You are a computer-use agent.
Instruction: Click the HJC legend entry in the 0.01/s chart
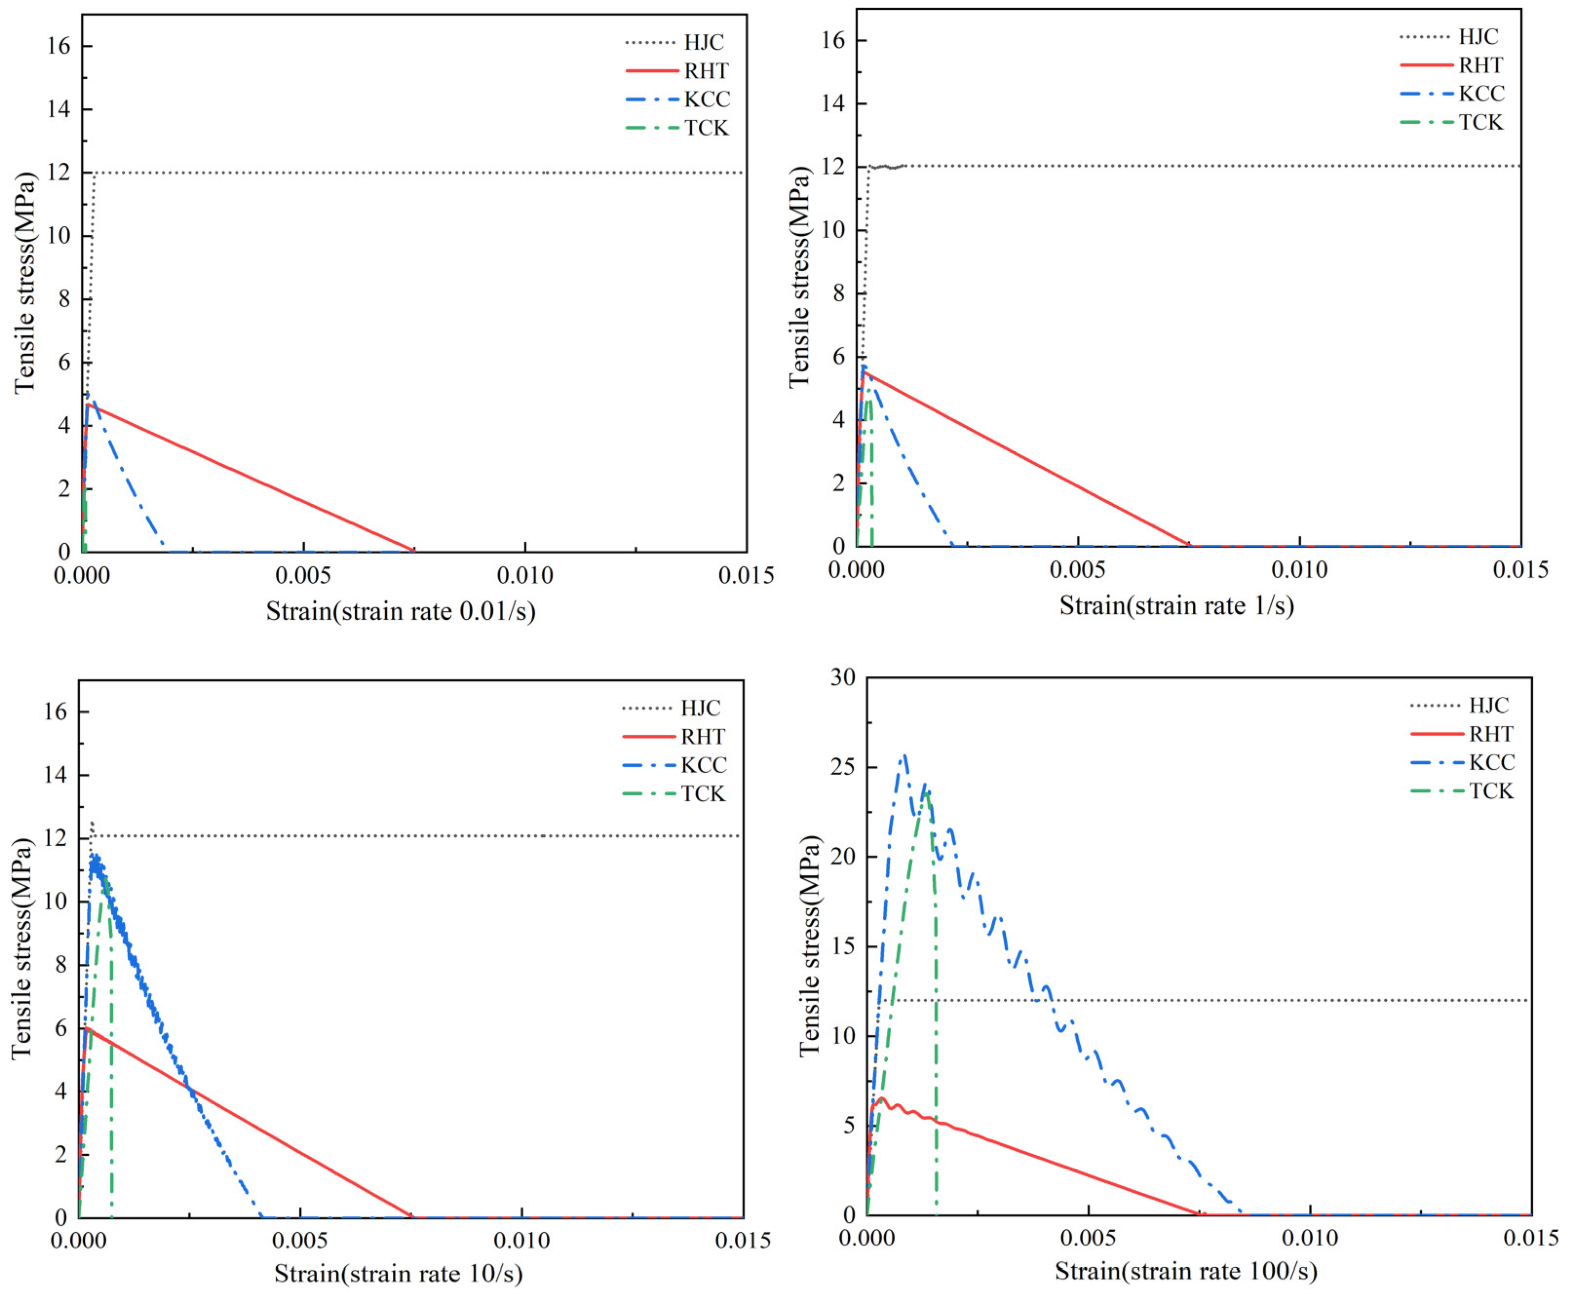tap(703, 42)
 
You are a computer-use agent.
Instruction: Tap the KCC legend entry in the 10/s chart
tap(703, 765)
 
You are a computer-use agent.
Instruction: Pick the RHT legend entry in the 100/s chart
tap(1491, 734)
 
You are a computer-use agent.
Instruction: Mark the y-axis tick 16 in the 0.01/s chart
tap(58, 46)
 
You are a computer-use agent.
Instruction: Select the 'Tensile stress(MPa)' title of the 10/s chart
tap(22, 949)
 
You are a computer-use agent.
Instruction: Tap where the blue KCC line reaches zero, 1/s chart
tap(952, 545)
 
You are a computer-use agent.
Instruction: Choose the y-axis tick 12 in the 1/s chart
tap(834, 167)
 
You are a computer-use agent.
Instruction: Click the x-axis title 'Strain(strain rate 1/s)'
tap(1176, 605)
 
